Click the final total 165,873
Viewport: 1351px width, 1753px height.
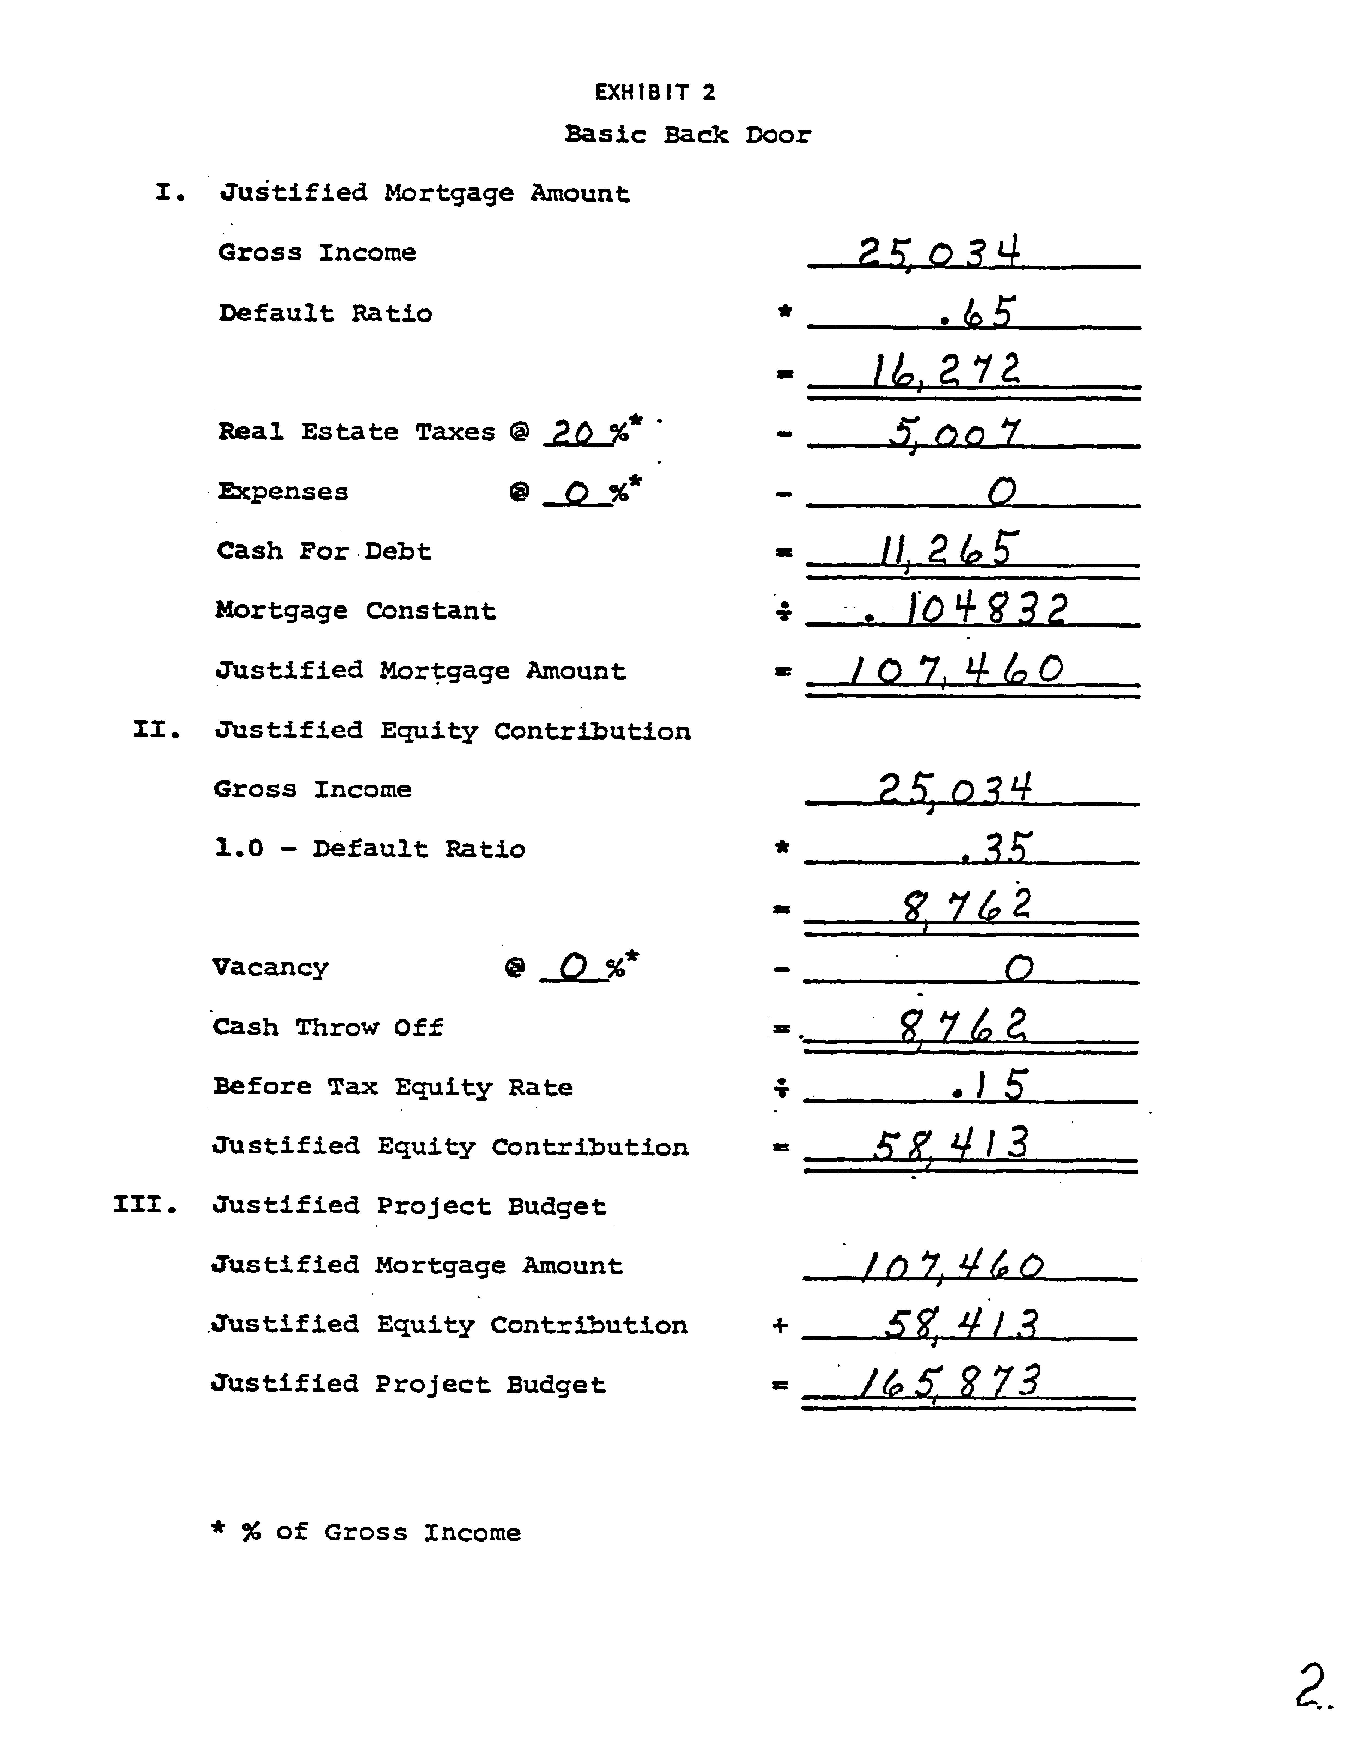(x=949, y=1383)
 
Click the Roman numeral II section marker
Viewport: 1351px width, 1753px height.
(x=156, y=730)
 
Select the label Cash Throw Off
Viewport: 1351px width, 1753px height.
(x=328, y=1027)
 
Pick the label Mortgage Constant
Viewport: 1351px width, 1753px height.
(x=356, y=611)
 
